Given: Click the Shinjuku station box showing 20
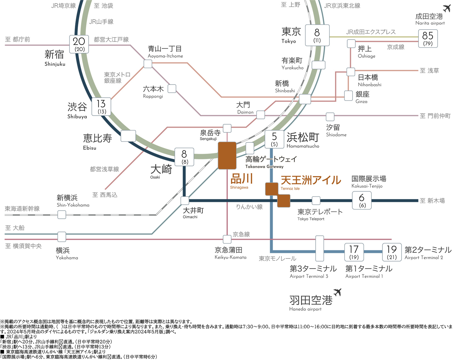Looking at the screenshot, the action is pyautogui.click(x=79, y=44).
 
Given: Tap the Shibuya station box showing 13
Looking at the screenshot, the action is pyautogui.click(x=101, y=106).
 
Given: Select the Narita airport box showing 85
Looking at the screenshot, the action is pyautogui.click(x=428, y=39).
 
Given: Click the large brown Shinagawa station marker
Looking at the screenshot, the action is pyautogui.click(x=227, y=156).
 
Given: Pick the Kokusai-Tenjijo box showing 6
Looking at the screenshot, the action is pyautogui.click(x=362, y=200).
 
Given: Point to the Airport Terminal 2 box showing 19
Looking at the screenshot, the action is pyautogui.click(x=392, y=252).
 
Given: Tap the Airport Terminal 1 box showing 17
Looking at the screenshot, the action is pyautogui.click(x=354, y=252).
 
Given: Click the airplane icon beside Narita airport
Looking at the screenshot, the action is pyautogui.click(x=447, y=8).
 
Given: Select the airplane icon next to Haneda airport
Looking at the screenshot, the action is pyautogui.click(x=337, y=292).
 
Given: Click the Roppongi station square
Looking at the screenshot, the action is pyautogui.click(x=172, y=89).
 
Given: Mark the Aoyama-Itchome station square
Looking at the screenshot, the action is pyautogui.click(x=148, y=64).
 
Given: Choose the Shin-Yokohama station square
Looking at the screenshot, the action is pyautogui.click(x=62, y=215).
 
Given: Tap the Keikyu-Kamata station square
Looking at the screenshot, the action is pyautogui.click(x=227, y=239).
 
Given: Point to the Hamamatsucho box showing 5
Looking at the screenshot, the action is pyautogui.click(x=274, y=139).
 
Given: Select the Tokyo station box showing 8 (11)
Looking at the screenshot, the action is pyautogui.click(x=317, y=35).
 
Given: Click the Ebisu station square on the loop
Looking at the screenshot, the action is pyautogui.click(x=128, y=136).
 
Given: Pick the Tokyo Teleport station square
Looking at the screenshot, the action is pyautogui.click(x=316, y=201).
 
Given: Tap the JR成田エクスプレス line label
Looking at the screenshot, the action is pyautogui.click(x=371, y=32).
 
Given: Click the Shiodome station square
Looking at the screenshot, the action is pyautogui.click(x=330, y=117).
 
